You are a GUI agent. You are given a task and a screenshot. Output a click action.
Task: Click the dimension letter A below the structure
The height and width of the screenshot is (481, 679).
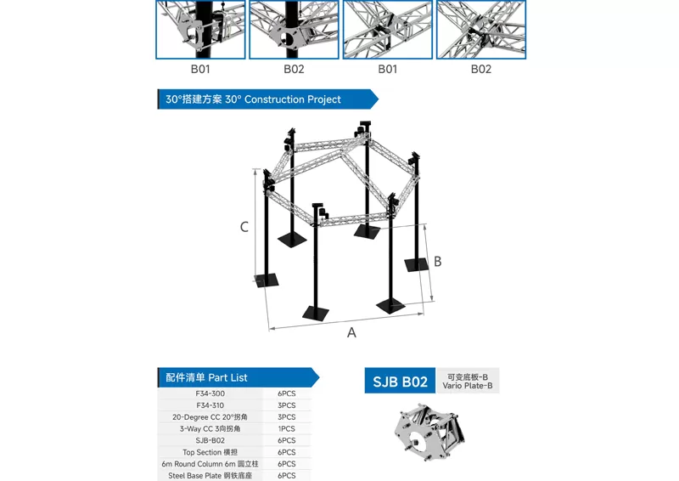point(351,333)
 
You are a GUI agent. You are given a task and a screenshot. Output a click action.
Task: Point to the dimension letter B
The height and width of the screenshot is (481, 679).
point(438,262)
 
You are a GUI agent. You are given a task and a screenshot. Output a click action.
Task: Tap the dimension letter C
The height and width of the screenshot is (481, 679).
point(244,227)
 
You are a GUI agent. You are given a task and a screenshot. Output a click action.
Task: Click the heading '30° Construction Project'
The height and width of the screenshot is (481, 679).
point(254,99)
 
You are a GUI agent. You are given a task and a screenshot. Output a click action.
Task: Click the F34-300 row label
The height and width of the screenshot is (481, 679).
point(210,393)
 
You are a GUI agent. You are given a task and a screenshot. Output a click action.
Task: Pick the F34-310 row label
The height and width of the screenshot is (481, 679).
point(210,405)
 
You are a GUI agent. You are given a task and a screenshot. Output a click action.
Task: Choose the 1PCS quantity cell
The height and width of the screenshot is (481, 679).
point(286,429)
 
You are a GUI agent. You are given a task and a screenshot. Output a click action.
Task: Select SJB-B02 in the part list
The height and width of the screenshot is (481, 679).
point(210,441)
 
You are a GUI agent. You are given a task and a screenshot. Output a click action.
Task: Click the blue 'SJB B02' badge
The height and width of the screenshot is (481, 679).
point(401,382)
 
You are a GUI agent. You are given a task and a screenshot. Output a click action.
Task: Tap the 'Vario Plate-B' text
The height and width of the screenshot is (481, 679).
point(467,387)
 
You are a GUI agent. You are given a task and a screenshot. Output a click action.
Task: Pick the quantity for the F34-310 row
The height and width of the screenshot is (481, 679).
point(286,405)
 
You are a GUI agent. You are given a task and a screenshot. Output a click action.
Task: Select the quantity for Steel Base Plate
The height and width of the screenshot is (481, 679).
point(286,476)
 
